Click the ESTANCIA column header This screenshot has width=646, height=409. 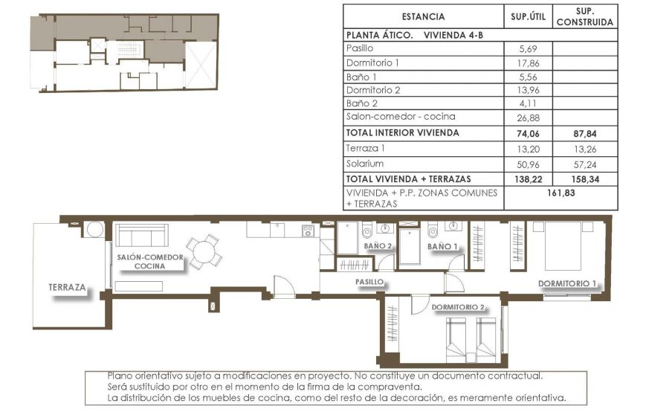tap(422, 17)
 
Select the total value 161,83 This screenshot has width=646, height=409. tap(561, 192)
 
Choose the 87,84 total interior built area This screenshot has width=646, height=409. tap(585, 134)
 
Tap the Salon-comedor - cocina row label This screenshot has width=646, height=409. tap(401, 117)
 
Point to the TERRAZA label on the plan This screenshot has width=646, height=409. tap(68, 286)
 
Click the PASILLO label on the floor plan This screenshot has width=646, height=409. tap(369, 282)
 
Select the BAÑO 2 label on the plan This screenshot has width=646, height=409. tap(378, 245)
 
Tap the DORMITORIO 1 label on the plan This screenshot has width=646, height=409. tap(568, 283)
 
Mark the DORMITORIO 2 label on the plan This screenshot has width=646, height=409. tap(458, 307)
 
